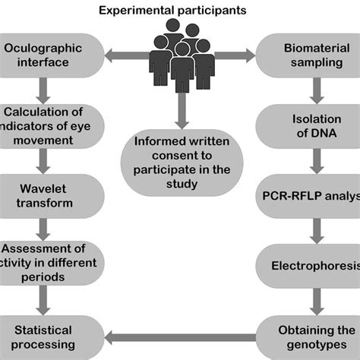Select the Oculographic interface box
(x=50, y=55)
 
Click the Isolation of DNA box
(x=311, y=125)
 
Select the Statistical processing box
(x=49, y=336)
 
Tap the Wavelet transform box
(x=49, y=196)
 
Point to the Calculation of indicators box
(x=49, y=125)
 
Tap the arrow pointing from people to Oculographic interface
(x=126, y=55)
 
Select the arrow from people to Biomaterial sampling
(x=236, y=55)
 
